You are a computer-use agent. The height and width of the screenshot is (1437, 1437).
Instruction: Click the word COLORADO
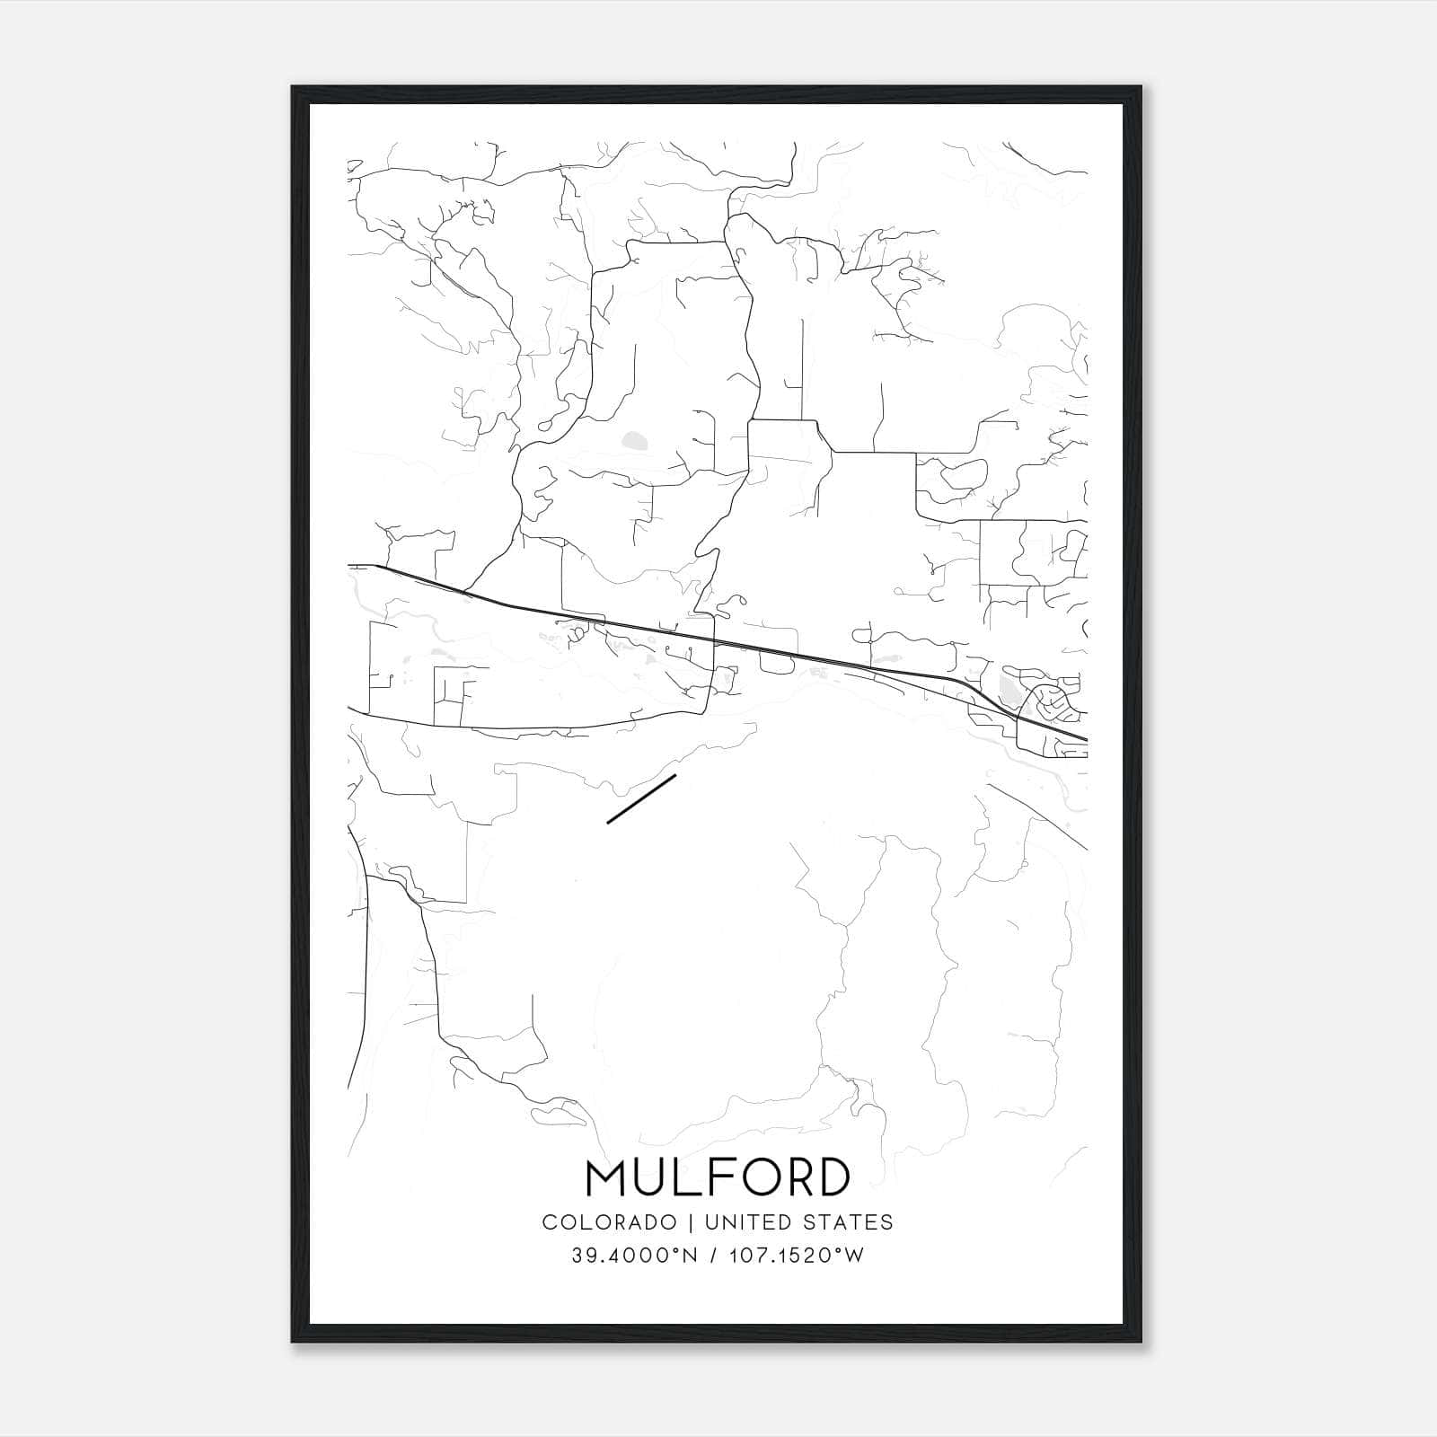point(609,1221)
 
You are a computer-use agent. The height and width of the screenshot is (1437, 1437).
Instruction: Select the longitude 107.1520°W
point(795,1256)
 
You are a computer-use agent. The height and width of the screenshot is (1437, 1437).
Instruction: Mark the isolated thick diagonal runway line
point(641,798)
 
